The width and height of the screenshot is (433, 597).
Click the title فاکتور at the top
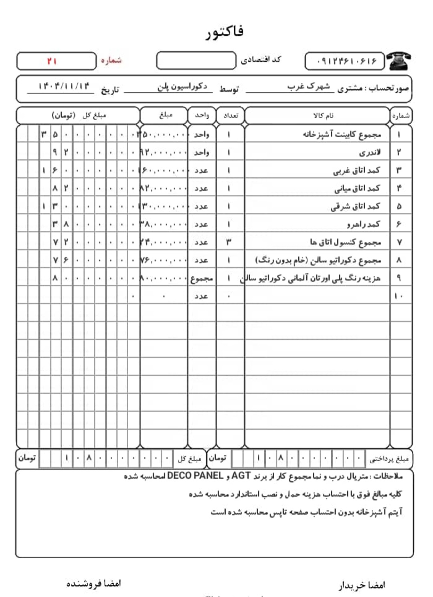(x=225, y=32)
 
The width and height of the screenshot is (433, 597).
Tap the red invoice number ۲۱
(x=52, y=61)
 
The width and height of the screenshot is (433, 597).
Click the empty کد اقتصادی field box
(x=196, y=61)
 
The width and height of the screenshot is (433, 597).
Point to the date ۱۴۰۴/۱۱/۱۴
(x=64, y=86)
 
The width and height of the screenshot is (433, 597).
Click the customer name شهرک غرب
(x=309, y=87)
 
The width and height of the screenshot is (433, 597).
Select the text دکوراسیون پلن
(x=182, y=87)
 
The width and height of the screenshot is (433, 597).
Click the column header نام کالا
(x=323, y=116)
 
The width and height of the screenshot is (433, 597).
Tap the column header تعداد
(x=231, y=116)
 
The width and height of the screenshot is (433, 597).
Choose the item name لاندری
(x=370, y=153)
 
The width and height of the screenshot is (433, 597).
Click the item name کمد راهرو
(x=363, y=224)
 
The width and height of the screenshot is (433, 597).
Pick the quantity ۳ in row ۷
(x=229, y=242)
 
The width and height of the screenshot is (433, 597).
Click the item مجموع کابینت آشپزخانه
(x=342, y=134)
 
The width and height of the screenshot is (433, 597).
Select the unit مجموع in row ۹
(x=202, y=278)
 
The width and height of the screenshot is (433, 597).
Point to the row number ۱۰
(x=399, y=296)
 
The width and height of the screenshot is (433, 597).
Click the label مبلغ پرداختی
(x=388, y=459)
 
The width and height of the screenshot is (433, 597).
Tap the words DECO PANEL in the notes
(x=195, y=476)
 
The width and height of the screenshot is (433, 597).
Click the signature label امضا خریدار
(x=362, y=585)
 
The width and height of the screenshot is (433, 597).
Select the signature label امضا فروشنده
(x=93, y=583)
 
